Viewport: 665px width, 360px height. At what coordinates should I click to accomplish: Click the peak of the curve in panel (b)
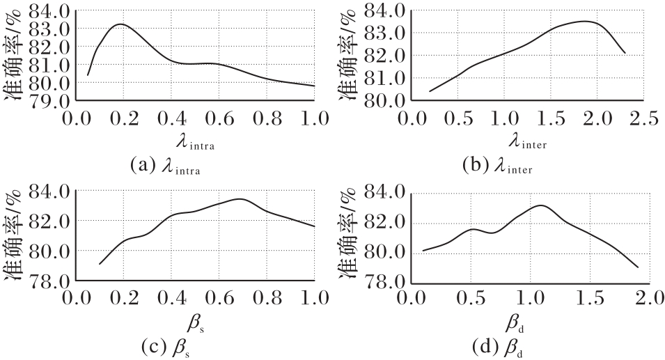(x=585, y=21)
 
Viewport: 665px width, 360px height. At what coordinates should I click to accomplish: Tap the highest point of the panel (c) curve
(x=240, y=199)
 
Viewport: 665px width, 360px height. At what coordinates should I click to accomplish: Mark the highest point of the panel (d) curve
(x=541, y=205)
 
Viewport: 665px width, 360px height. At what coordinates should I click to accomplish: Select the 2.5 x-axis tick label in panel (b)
(x=643, y=119)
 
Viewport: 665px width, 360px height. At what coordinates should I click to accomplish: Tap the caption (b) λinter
(x=497, y=165)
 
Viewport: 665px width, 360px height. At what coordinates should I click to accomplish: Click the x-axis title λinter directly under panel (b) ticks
(x=528, y=141)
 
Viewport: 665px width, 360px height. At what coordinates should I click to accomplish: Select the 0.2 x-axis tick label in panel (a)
(x=123, y=119)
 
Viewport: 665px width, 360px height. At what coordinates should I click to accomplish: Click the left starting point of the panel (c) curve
(x=100, y=264)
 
